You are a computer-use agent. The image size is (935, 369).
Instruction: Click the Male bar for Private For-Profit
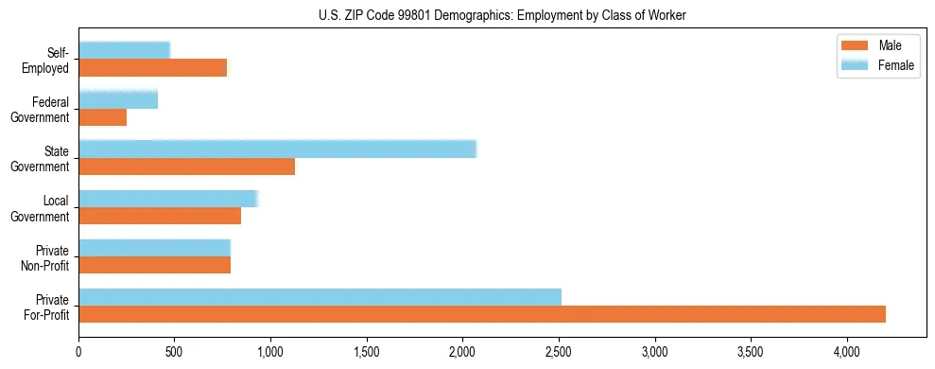[x=482, y=314]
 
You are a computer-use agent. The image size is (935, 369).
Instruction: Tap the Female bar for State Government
[x=277, y=149]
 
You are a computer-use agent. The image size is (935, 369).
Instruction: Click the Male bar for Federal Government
[x=102, y=117]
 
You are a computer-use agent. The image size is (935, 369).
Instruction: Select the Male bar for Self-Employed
[x=152, y=68]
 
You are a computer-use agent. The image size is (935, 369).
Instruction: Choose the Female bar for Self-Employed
[x=124, y=50]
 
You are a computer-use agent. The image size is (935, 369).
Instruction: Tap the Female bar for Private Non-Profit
[x=154, y=248]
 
